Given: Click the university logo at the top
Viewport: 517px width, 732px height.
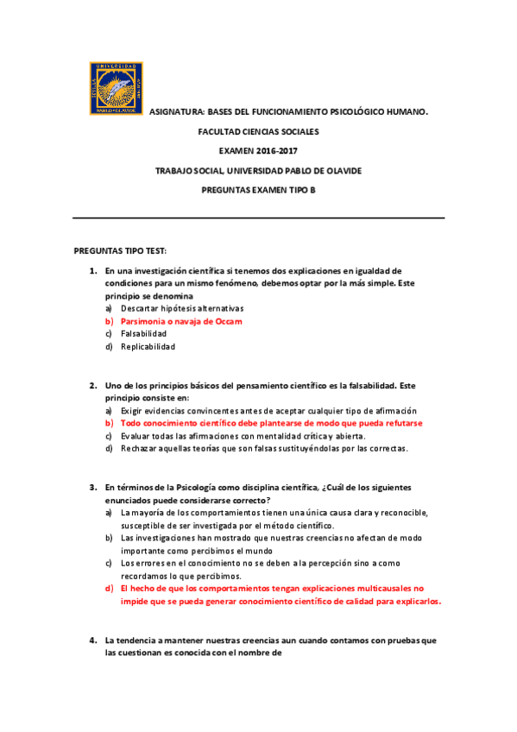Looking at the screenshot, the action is (x=116, y=87).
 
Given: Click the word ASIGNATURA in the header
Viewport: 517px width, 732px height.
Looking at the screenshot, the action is (x=177, y=113).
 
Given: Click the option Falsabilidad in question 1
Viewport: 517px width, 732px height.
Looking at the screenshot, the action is (x=143, y=333).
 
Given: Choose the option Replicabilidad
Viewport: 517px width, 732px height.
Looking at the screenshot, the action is (x=148, y=346).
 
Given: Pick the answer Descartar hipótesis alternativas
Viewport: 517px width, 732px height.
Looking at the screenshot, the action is (x=182, y=308).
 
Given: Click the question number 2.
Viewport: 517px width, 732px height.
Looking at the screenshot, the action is (x=92, y=386).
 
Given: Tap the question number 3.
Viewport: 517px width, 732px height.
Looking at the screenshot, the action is (x=92, y=488).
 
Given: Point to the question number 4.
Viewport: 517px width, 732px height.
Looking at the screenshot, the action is (x=92, y=640).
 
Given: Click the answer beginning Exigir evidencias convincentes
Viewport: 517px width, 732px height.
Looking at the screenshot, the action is (x=268, y=411).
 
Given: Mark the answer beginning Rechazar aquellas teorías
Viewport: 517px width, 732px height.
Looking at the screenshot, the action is (x=264, y=448).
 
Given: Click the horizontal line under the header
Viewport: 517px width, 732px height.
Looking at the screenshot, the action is (x=258, y=218).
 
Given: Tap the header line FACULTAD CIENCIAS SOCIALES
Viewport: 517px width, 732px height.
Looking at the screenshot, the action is (x=258, y=132).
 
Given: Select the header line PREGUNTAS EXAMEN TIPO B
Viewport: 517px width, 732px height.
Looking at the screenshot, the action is (x=258, y=189).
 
